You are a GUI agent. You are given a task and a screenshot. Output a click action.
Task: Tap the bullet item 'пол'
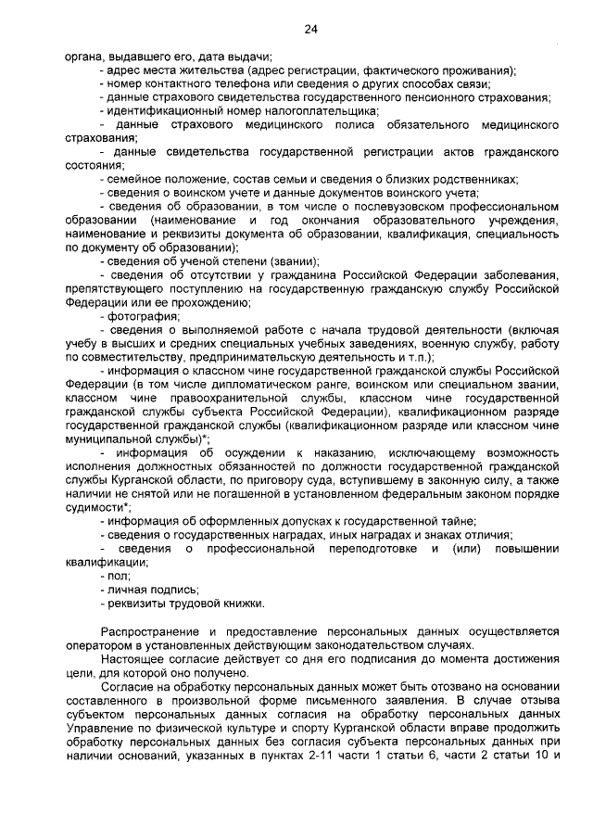point(118,575)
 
